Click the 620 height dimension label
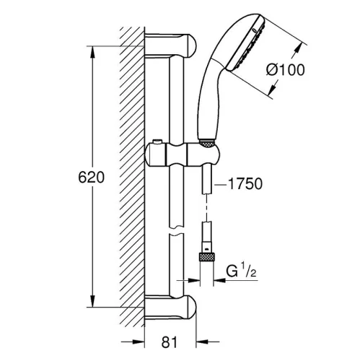coord(92,178)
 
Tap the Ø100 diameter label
coord(285,70)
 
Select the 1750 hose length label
coord(245,184)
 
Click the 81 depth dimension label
coord(169,342)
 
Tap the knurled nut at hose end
coord(206,257)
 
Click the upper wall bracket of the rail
coord(170,45)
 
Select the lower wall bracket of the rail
coord(170,308)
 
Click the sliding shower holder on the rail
coord(183,155)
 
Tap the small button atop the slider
coord(158,142)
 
